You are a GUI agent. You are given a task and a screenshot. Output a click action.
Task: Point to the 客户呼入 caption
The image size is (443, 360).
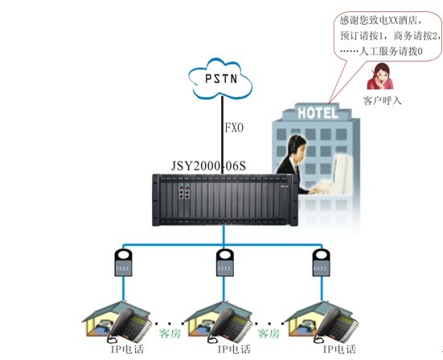(x=382, y=100)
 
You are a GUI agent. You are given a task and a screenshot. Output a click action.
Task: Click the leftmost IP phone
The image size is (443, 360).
(x=129, y=325)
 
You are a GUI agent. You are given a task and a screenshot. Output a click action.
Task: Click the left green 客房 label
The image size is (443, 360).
(x=170, y=333)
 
